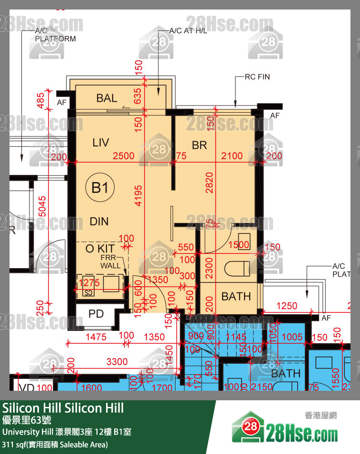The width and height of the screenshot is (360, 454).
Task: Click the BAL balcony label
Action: (107, 98)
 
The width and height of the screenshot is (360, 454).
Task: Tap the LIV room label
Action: (100, 142)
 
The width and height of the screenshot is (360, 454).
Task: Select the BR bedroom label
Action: (199, 145)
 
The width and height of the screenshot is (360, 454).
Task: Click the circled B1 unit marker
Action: (100, 188)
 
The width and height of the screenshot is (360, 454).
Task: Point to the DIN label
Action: (99, 221)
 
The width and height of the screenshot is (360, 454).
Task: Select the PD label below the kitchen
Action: (97, 314)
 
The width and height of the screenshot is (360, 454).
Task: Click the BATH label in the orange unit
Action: (236, 297)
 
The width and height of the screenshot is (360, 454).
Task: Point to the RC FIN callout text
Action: (257, 77)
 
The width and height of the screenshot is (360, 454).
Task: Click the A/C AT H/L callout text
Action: (190, 31)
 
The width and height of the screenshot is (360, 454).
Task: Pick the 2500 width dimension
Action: (123, 156)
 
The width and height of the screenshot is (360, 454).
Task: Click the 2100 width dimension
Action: (232, 156)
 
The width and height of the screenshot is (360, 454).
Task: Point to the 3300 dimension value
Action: (117, 362)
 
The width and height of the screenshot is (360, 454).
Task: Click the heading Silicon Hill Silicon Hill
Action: (63, 408)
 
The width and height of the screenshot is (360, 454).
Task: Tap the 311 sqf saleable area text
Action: (55, 445)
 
